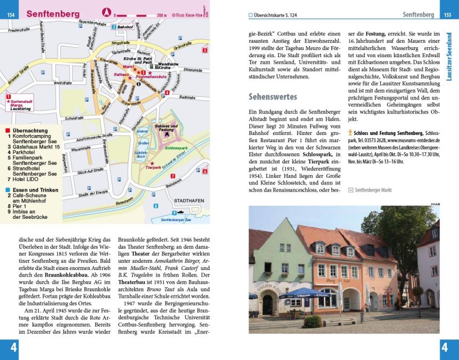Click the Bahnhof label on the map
(x=125, y=27)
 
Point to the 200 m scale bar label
(x=162, y=15)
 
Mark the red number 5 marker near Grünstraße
(x=204, y=51)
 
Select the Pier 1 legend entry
(x=21, y=206)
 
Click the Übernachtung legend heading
(x=28, y=131)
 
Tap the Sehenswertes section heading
(x=273, y=97)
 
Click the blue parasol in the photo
(x=302, y=293)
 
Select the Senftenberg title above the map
(x=53, y=13)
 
